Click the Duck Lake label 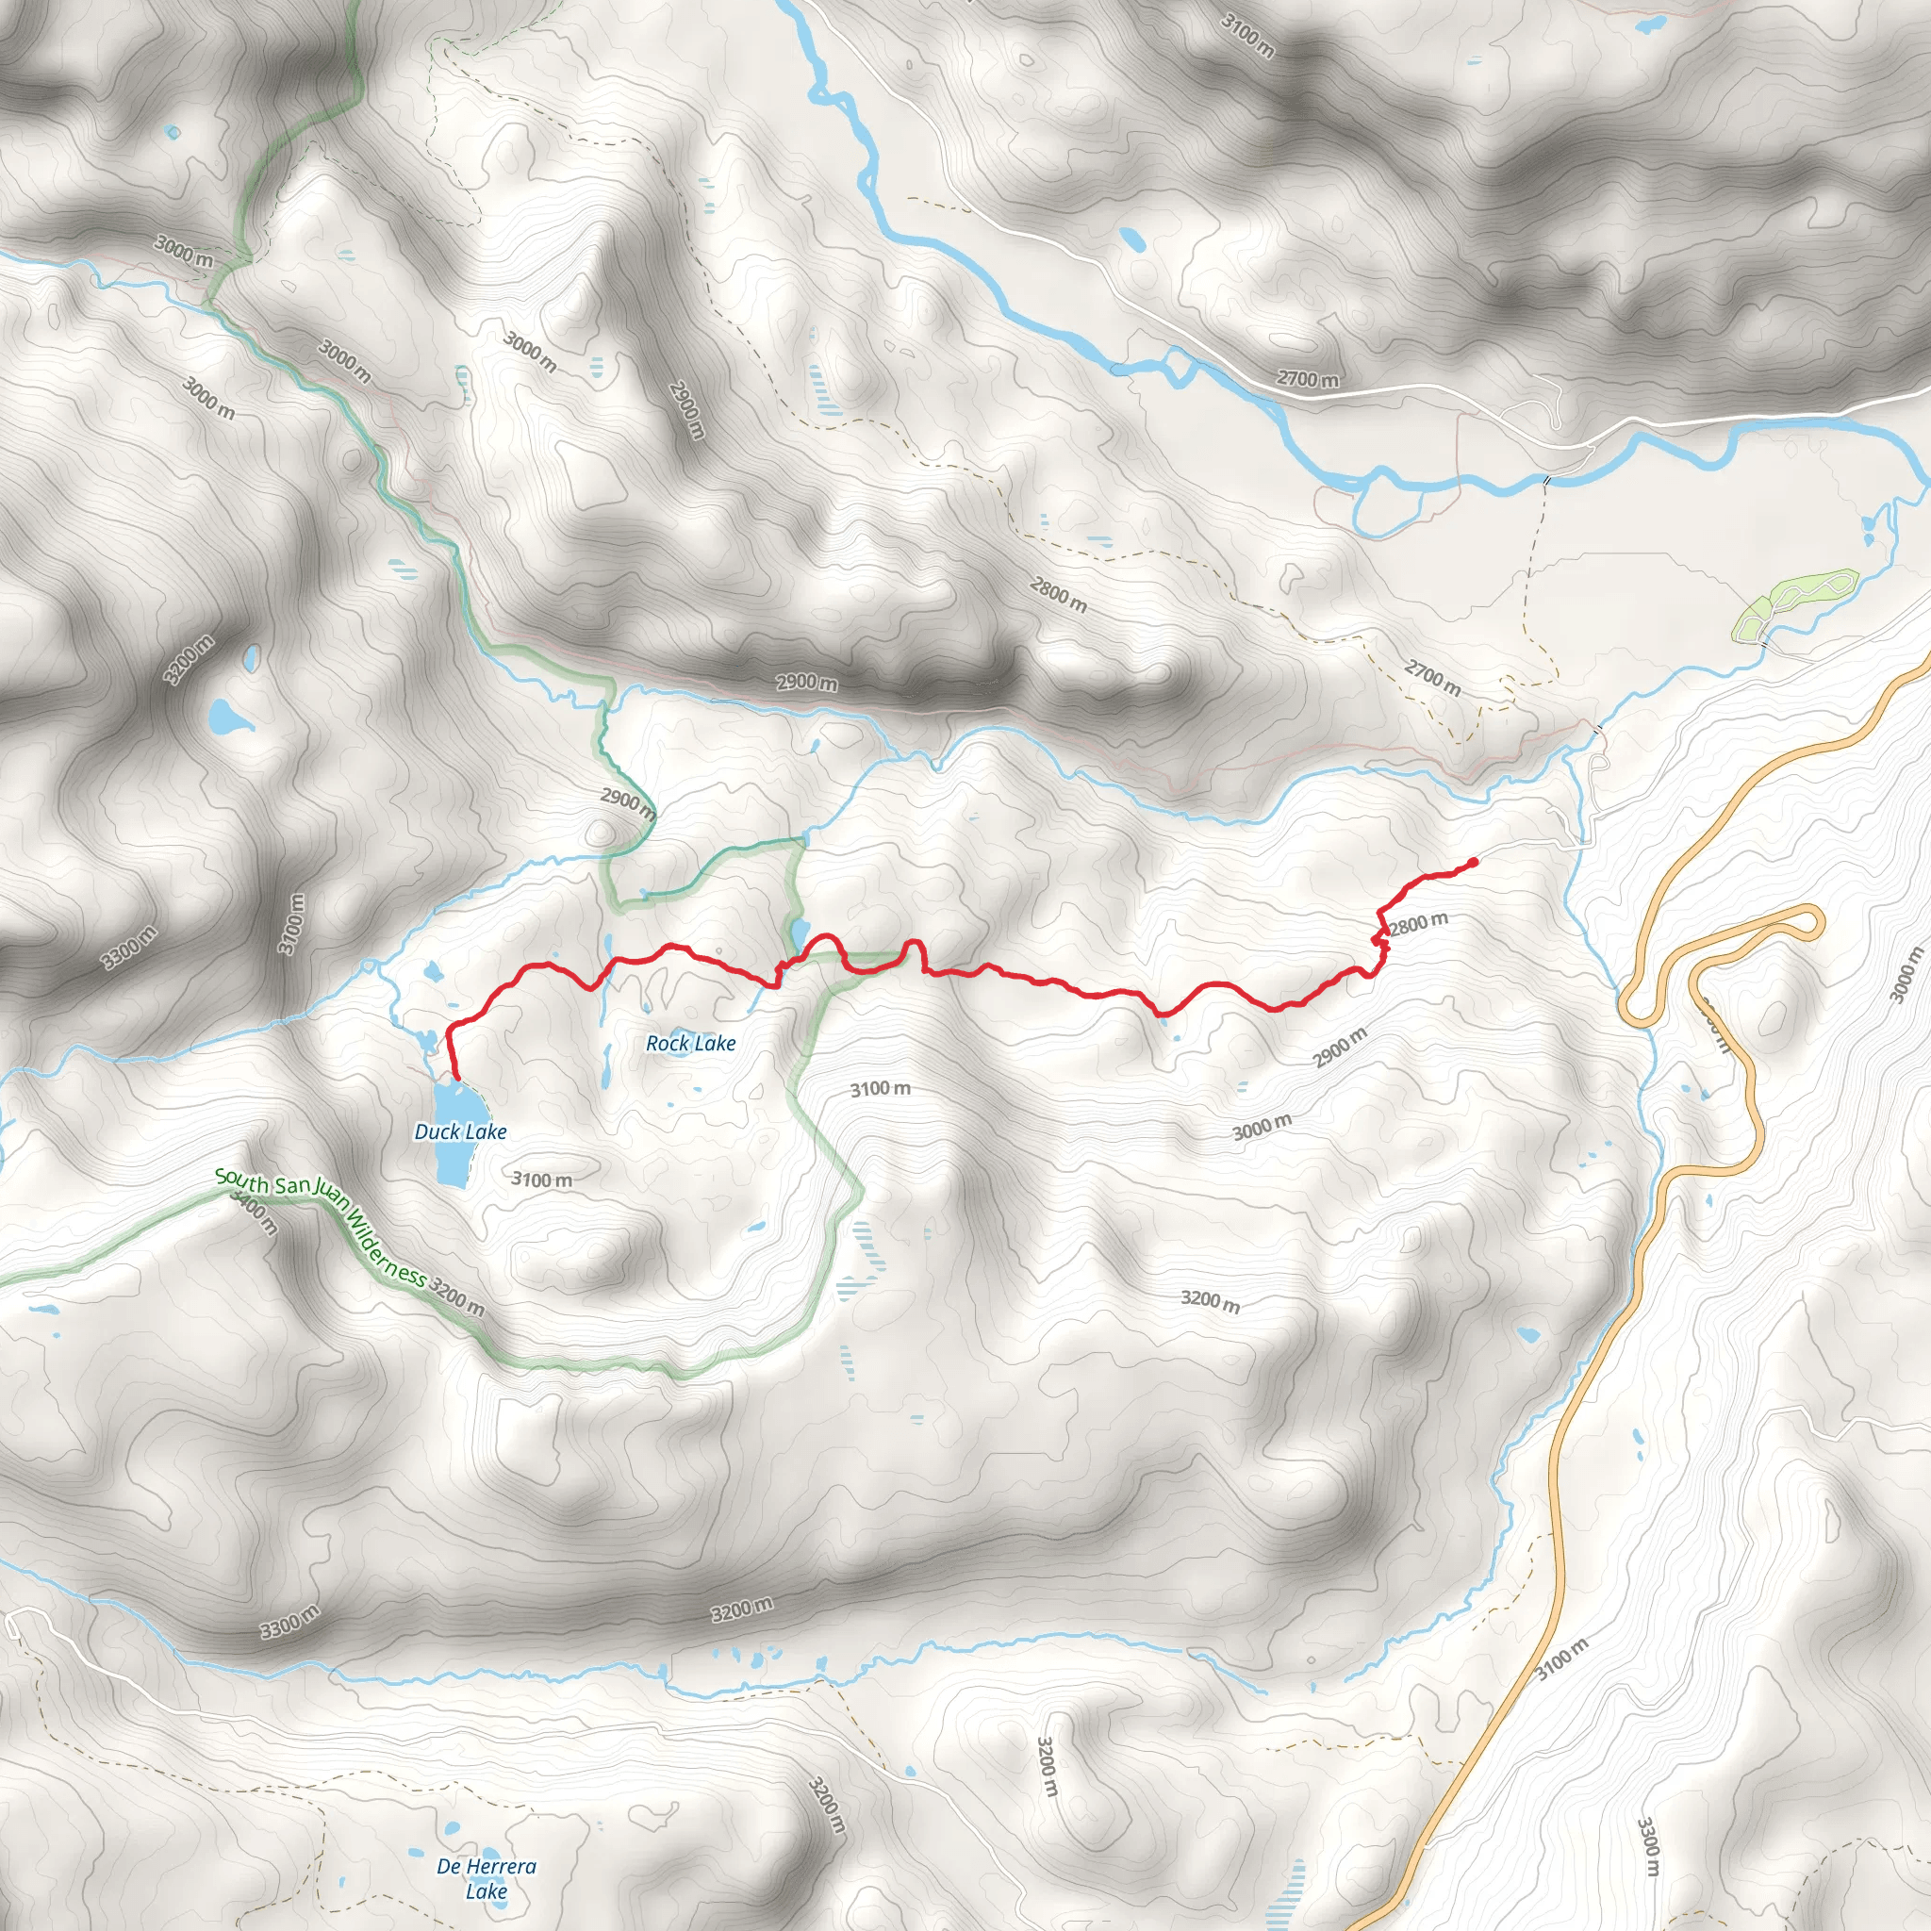461,1131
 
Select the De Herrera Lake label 487,1878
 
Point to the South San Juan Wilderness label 322,1229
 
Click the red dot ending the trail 1474,862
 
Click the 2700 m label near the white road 1309,379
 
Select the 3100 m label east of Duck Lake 542,1180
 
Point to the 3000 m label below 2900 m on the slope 1262,1128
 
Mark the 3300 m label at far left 130,949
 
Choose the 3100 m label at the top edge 1247,37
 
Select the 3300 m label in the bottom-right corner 1649,1846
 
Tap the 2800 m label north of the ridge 1059,596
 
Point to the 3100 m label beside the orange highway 1561,1659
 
